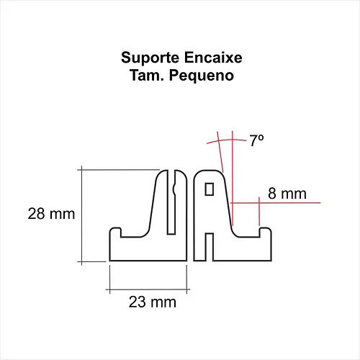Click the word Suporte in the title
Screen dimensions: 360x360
150,58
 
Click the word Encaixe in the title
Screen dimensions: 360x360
213,58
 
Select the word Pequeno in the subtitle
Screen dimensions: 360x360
202,76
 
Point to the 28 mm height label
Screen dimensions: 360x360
51,214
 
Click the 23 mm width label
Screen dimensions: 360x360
153,302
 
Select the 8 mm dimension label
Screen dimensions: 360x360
287,194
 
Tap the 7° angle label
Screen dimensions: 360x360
256,140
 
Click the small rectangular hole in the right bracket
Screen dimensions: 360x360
210,189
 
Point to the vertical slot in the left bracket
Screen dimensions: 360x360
171,202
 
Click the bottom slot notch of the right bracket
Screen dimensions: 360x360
210,247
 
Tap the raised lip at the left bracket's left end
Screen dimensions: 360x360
115,233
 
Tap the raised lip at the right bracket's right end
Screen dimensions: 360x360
266,233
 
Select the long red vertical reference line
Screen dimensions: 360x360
233,178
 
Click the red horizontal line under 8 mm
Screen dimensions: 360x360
276,203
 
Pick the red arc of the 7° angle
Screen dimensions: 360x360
227,140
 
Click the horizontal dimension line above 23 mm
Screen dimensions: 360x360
148,289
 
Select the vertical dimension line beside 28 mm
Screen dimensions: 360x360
81,215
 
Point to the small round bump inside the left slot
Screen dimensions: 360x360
174,189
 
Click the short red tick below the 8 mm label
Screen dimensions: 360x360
259,212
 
